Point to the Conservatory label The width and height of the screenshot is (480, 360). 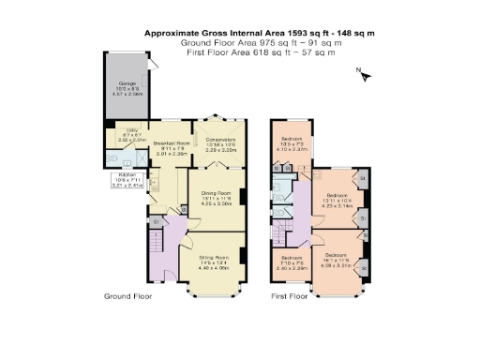(219, 141)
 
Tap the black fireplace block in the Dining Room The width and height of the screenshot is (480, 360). (242, 196)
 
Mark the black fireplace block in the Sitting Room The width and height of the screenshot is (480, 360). (242, 255)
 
